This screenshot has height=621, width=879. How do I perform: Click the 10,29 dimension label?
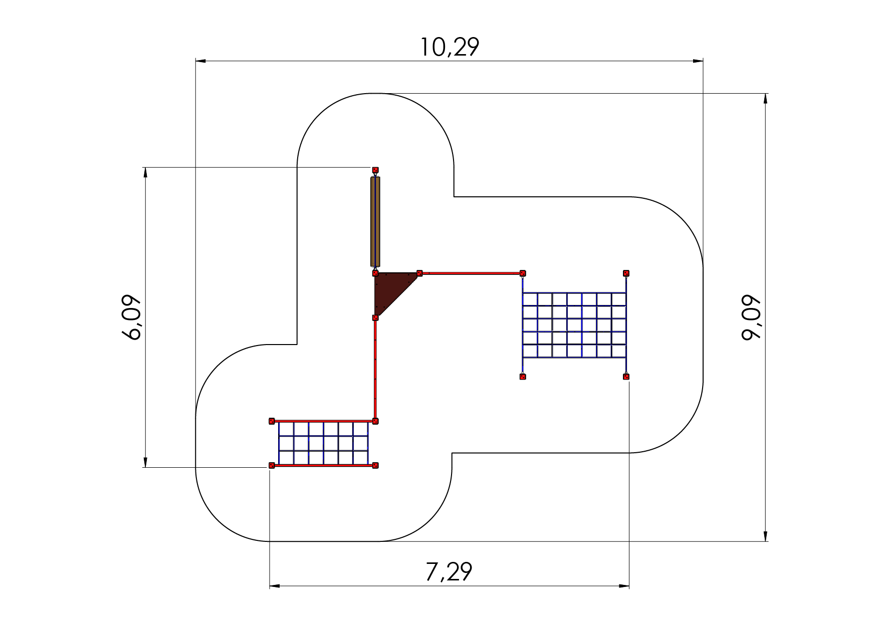(449, 48)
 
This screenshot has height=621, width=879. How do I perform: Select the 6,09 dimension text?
(133, 318)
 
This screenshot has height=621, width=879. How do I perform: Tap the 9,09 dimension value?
(751, 318)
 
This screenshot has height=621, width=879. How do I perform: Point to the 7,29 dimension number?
(449, 572)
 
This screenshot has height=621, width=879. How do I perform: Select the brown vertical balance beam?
(375, 221)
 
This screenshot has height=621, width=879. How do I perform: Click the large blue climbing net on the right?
(574, 325)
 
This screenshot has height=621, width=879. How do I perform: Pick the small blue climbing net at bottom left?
(323, 443)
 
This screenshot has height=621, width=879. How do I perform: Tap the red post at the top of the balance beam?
(375, 170)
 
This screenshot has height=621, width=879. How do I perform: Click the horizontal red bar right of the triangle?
(471, 273)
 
